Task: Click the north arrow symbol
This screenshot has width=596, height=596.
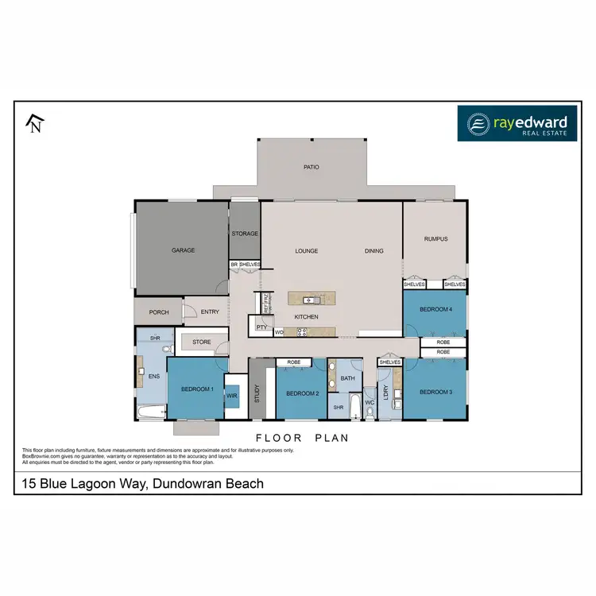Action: tap(34, 123)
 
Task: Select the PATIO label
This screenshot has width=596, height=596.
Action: tap(311, 168)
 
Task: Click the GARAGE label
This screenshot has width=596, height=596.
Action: tap(183, 250)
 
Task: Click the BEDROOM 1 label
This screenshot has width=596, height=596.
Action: tap(197, 389)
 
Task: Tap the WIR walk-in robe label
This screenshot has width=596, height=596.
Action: tap(232, 395)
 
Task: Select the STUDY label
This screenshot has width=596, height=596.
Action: tap(257, 394)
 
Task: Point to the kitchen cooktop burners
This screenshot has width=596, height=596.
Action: tap(303, 332)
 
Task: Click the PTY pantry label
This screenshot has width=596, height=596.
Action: tap(261, 327)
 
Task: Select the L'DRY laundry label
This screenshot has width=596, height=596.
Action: tap(385, 394)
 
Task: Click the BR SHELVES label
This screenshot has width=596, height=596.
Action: tap(245, 265)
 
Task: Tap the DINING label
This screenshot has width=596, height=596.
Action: tap(373, 251)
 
